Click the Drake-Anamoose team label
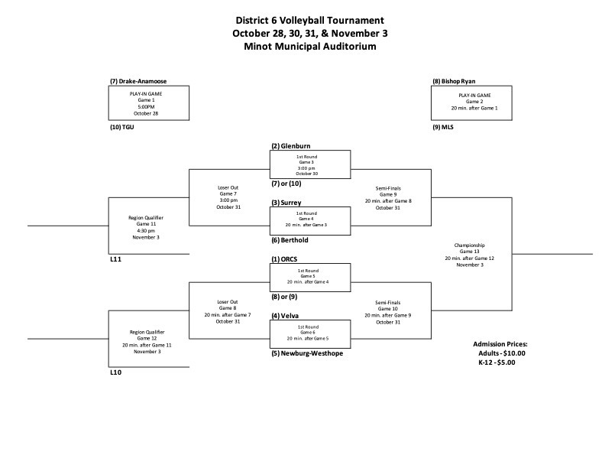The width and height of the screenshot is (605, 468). click(138, 81)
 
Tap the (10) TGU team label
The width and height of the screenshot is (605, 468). click(123, 128)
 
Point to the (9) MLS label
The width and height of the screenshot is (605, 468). click(442, 128)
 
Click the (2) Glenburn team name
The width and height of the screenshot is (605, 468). click(291, 146)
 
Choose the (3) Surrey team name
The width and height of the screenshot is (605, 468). click(287, 203)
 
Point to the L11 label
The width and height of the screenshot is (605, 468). click(115, 260)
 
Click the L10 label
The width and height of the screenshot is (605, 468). click(115, 372)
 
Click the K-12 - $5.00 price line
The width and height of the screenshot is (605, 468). click(492, 362)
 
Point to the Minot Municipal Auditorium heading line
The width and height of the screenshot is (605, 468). click(310, 47)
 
